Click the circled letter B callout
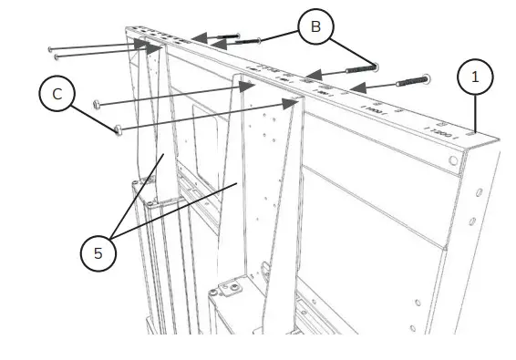coord(315,27)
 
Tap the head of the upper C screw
coord(98,104)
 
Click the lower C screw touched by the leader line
coord(118,130)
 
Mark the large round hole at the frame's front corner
coord(453,160)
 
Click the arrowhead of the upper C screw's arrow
coord(249,86)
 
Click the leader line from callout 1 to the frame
coord(475,116)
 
